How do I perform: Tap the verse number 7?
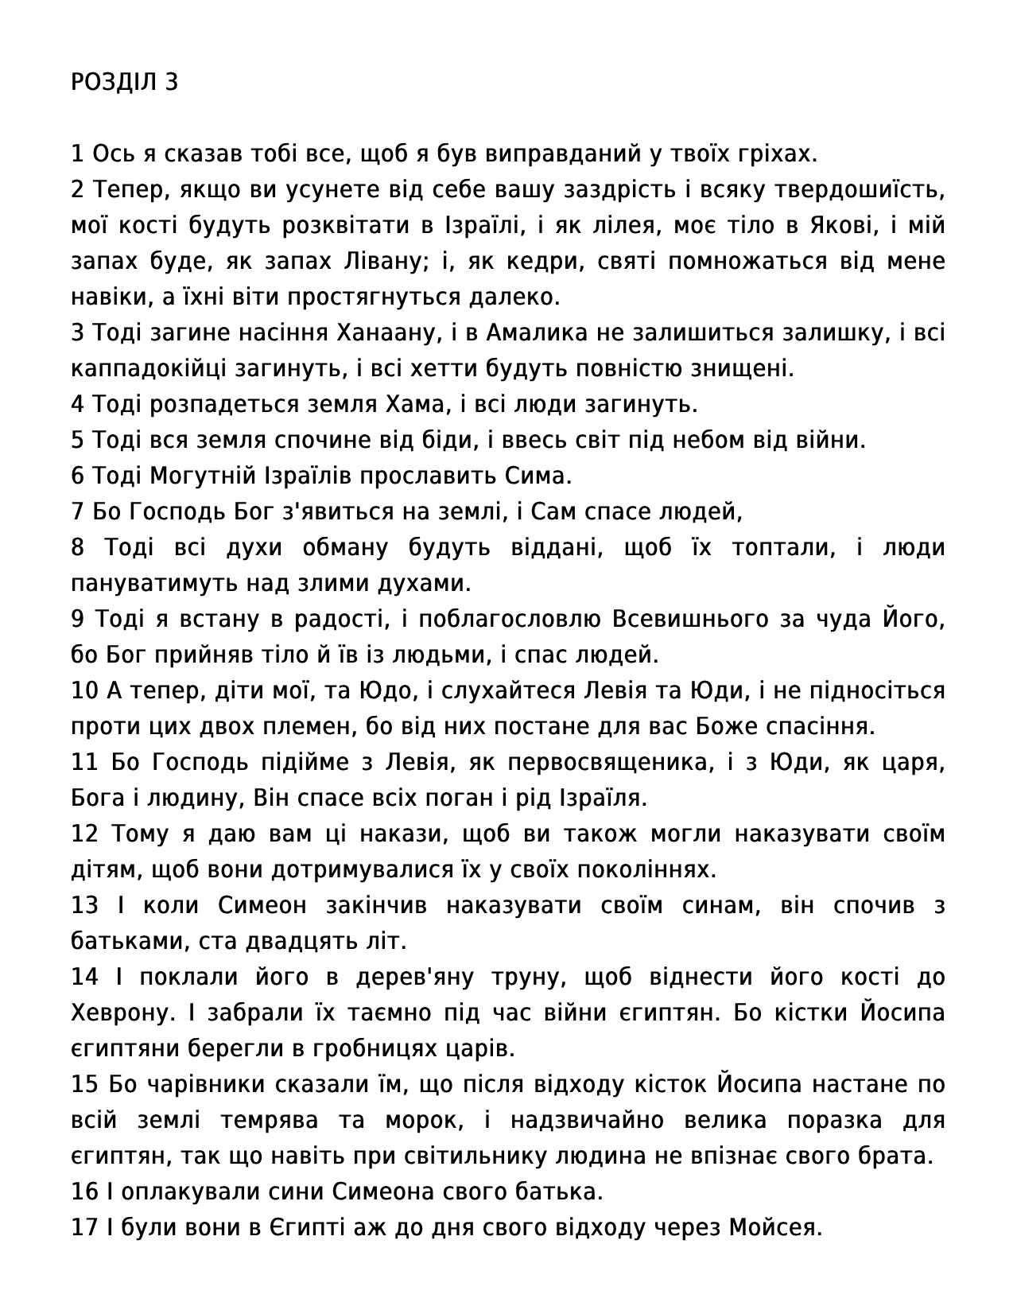coord(77,511)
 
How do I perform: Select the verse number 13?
coord(84,905)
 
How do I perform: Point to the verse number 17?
coord(84,1227)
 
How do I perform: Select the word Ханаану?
coord(389,332)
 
